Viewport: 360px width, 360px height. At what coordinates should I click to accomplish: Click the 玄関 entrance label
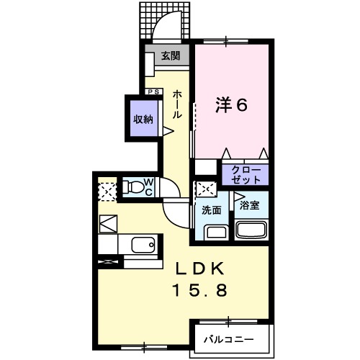(x=170, y=55)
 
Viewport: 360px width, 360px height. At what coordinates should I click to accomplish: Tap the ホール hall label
(x=177, y=104)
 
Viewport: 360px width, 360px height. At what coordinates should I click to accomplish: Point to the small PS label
(x=153, y=91)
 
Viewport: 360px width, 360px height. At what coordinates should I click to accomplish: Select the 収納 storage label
(x=142, y=120)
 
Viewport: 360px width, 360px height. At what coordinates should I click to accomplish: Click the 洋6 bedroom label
(x=232, y=105)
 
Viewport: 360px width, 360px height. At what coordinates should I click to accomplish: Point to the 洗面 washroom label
(x=210, y=211)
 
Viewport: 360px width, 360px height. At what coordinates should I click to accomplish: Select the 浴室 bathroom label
(x=250, y=205)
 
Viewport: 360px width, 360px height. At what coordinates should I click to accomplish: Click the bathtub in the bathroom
(x=251, y=232)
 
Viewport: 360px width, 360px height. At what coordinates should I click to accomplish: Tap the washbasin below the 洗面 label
(x=214, y=233)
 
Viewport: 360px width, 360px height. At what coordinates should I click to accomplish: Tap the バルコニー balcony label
(x=227, y=338)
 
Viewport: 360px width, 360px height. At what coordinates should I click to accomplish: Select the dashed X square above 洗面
(x=205, y=189)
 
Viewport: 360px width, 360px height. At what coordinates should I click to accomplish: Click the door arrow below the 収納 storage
(x=167, y=132)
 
